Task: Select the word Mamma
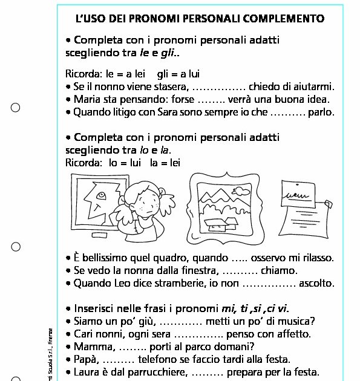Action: [91, 347]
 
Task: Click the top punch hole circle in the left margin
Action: [16, 108]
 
